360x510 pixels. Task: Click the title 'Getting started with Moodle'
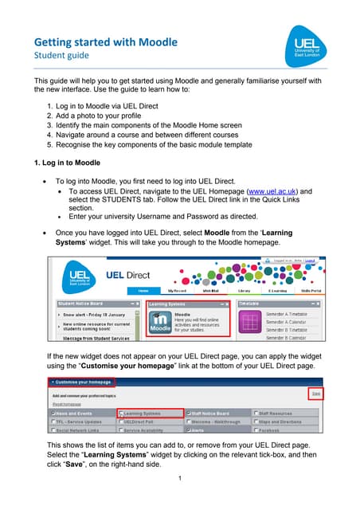point(105,41)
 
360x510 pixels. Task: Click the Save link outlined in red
point(315,394)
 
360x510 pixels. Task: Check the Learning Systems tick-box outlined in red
point(121,414)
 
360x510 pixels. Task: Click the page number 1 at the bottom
point(181,477)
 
